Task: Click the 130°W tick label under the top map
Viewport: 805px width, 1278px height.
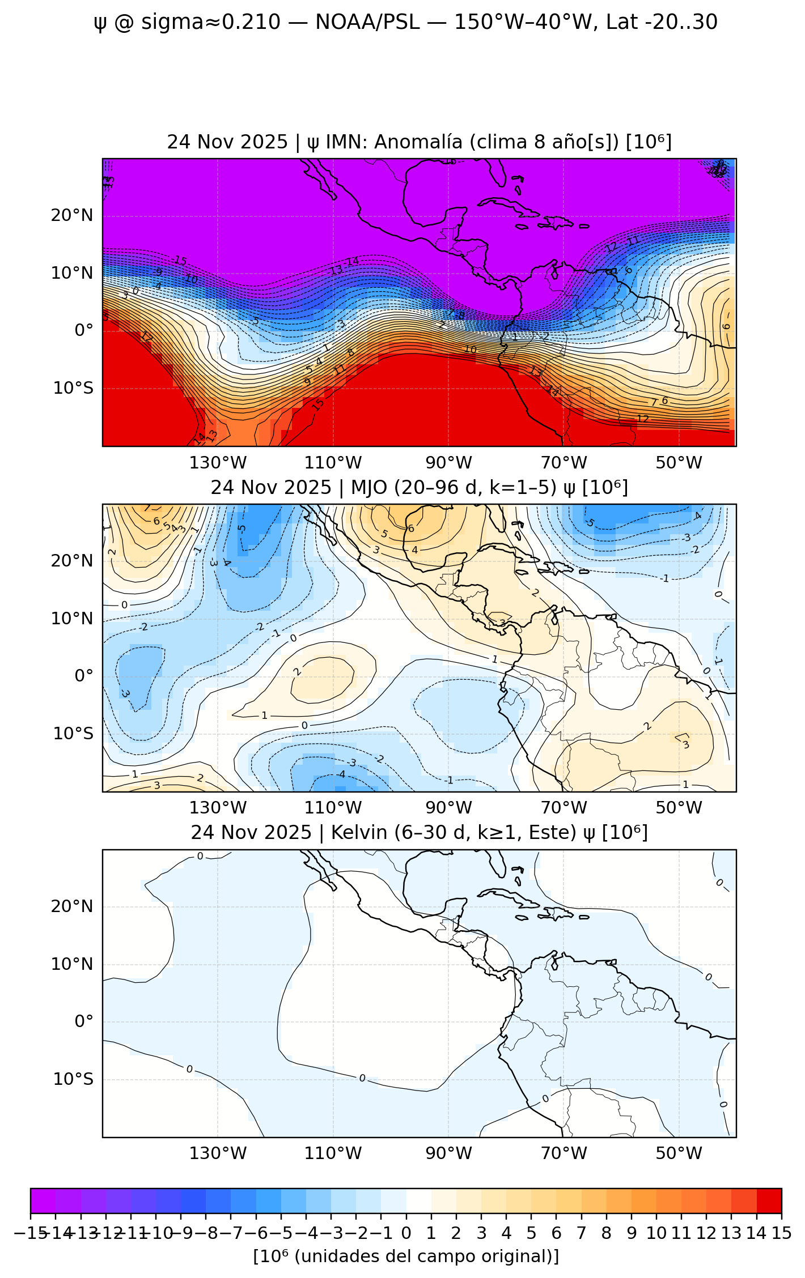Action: tap(218, 463)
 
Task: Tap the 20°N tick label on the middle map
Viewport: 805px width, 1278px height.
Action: tap(72, 561)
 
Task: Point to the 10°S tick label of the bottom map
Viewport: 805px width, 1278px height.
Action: tap(73, 1079)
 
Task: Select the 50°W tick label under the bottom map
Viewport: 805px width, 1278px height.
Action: tap(679, 1153)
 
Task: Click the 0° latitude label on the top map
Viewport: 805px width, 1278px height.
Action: tap(84, 330)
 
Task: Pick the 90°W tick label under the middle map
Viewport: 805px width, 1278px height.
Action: tap(448, 808)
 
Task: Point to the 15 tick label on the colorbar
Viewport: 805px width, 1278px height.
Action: tap(781, 1233)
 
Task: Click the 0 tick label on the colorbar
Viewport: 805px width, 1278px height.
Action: tap(406, 1233)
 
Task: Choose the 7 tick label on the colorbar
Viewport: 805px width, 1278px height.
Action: tap(581, 1233)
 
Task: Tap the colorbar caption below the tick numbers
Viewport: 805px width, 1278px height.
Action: tap(406, 1256)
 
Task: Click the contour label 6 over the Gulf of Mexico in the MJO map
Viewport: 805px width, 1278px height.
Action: tap(412, 529)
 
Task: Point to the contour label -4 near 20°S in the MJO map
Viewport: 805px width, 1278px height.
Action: tap(341, 774)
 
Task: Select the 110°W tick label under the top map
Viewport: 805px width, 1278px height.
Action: tap(333, 463)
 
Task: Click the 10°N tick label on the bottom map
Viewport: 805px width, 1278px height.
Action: tap(72, 964)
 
